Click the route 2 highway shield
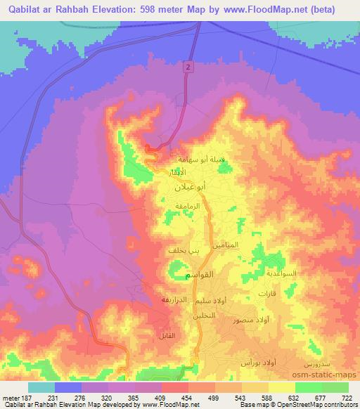point(188,66)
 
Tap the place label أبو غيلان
point(191,188)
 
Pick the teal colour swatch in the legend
point(42,387)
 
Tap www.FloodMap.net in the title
point(274,10)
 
